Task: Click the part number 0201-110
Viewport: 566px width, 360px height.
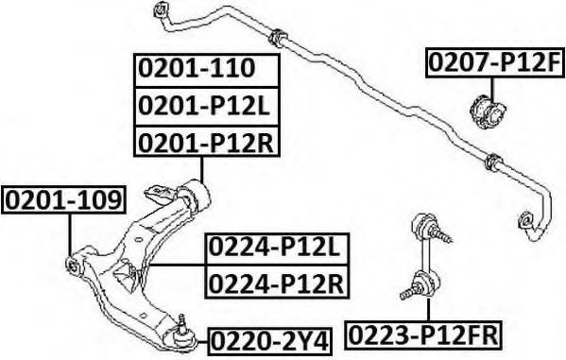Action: coord(197,69)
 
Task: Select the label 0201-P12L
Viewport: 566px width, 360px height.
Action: coord(204,106)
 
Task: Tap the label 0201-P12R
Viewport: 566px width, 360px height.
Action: coord(206,143)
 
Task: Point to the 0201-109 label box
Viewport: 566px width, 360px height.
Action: coord(64,200)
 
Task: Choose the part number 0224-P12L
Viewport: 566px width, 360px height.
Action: coord(274,248)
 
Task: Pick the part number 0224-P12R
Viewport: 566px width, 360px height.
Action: coord(276,283)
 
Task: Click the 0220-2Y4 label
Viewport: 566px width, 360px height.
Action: coord(269,341)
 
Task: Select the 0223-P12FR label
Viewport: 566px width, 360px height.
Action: coord(422,335)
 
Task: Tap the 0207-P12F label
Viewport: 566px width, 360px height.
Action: coord(494,62)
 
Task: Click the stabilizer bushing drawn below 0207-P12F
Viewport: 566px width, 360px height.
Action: coord(487,111)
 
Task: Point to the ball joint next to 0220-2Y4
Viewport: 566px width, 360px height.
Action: coord(182,334)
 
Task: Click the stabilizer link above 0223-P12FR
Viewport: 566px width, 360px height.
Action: coord(425,257)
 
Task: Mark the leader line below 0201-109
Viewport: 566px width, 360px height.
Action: coord(70,235)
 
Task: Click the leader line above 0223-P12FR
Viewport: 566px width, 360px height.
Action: coord(428,310)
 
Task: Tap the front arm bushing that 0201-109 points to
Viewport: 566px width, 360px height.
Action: coord(74,265)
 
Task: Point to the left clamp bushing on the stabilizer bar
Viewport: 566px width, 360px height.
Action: coord(278,38)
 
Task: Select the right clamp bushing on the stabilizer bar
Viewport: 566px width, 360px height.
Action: coord(493,163)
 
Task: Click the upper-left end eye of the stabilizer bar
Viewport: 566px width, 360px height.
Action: coord(161,9)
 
